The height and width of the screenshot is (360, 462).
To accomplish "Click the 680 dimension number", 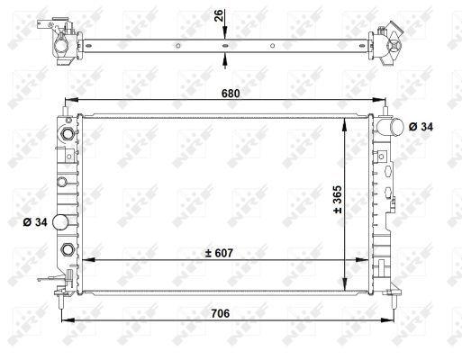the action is click(x=231, y=94).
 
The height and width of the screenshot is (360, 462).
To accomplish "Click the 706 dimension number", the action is click(x=221, y=313).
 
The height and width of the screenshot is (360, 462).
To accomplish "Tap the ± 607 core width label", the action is click(x=219, y=253).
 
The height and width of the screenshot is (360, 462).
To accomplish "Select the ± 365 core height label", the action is click(x=338, y=199).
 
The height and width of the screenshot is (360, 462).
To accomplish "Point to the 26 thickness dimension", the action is click(x=219, y=15).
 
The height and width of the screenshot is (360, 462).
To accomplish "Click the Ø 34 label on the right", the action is click(x=421, y=127).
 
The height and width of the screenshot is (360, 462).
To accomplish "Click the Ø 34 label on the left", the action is click(x=35, y=222).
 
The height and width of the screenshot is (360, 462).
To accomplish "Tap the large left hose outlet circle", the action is click(x=60, y=222).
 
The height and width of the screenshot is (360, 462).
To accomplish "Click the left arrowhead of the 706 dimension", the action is click(x=68, y=320).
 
